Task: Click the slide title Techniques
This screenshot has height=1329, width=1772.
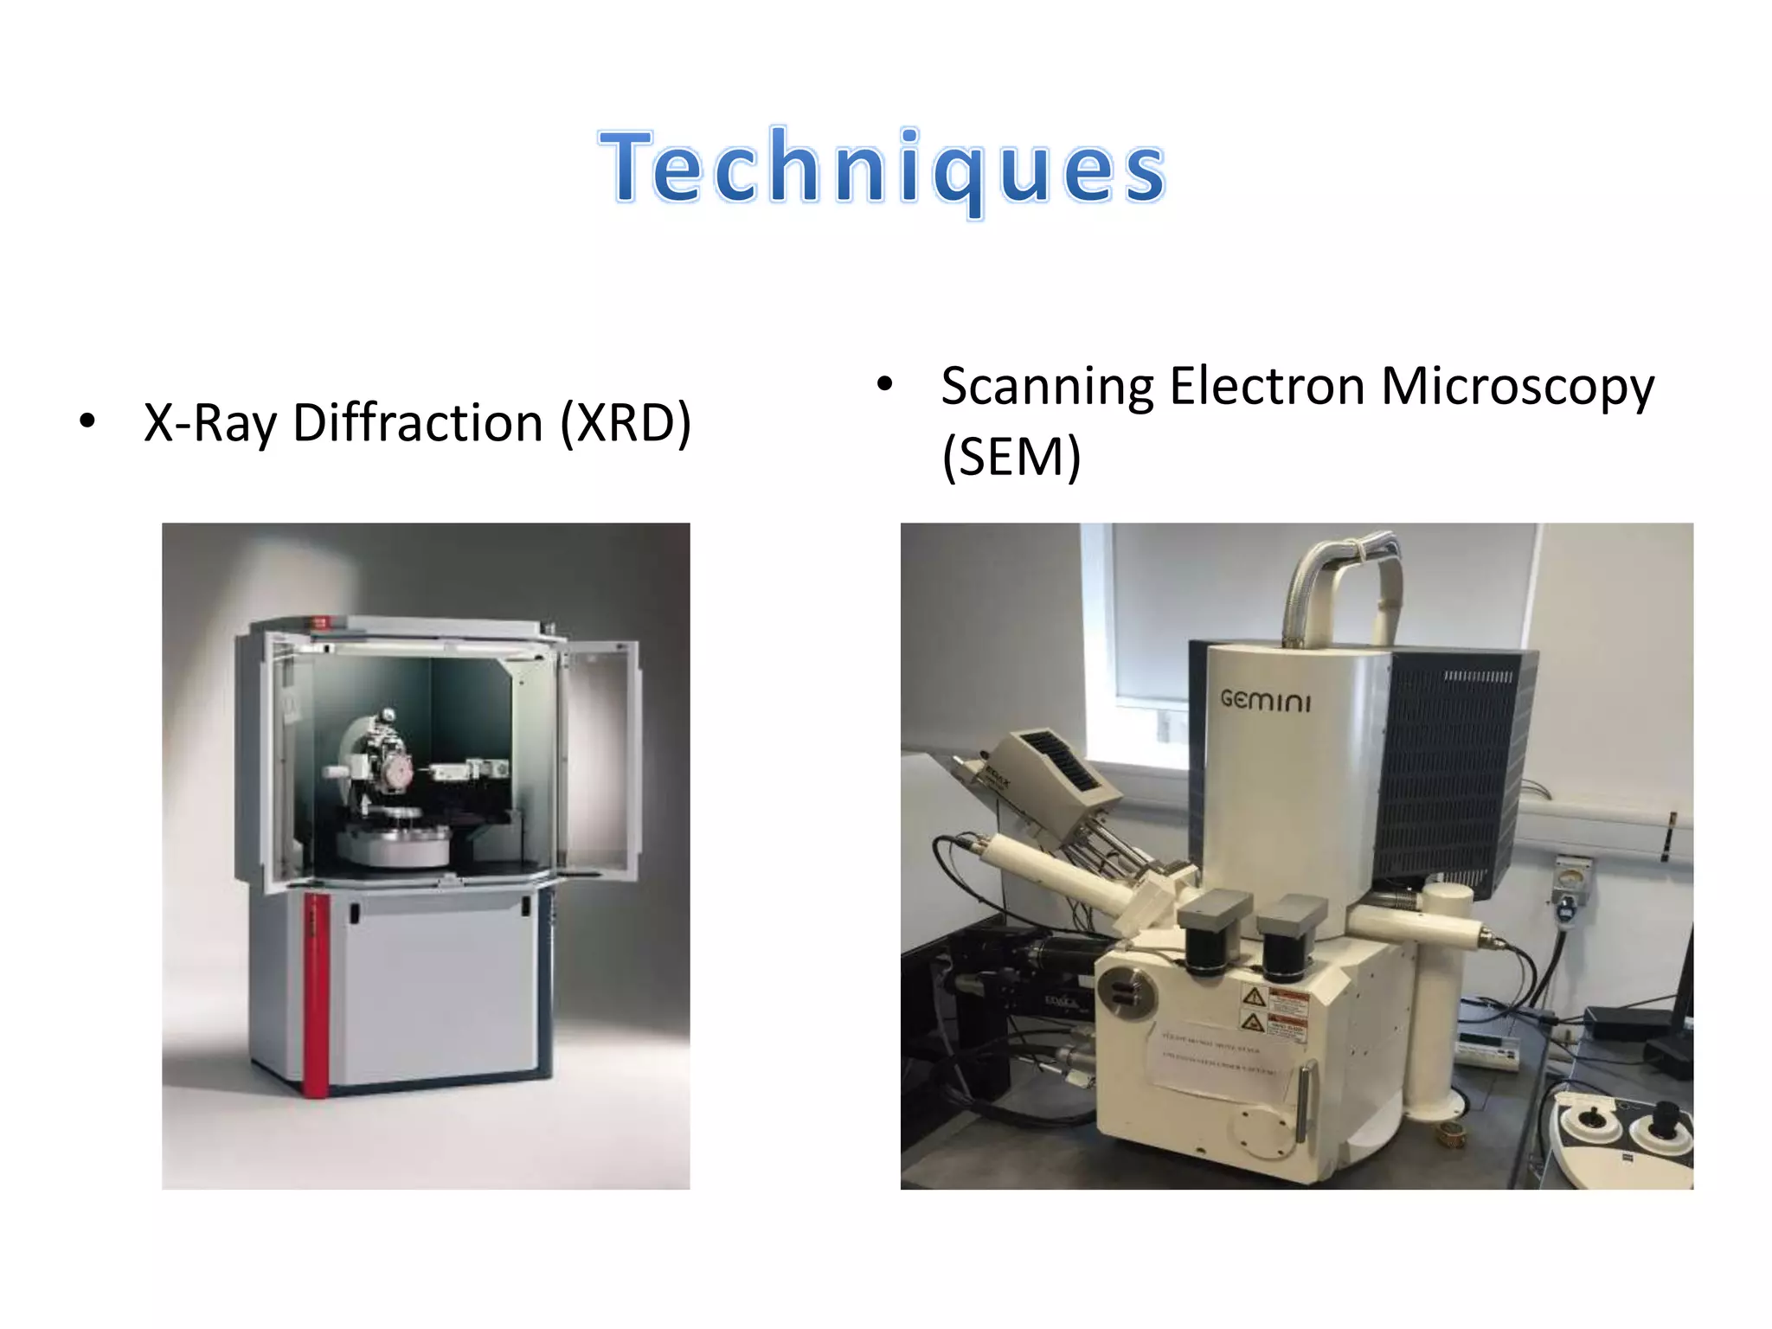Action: tap(883, 168)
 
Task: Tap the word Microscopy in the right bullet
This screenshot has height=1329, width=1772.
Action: tap(1517, 386)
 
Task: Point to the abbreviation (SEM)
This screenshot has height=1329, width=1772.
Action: tap(1011, 457)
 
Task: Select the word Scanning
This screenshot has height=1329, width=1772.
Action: tap(1047, 386)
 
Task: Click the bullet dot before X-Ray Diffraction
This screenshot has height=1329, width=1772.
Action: tap(87, 422)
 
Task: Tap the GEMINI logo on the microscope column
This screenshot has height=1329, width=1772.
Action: tap(1265, 699)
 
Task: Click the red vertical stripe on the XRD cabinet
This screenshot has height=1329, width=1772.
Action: tap(316, 995)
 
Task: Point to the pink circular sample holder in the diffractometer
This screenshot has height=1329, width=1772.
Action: tap(399, 770)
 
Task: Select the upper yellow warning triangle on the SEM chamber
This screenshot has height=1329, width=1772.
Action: tap(1254, 997)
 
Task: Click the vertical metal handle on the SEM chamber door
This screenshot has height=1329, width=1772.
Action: tap(1302, 1103)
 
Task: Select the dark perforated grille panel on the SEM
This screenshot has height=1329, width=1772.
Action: tap(1454, 770)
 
